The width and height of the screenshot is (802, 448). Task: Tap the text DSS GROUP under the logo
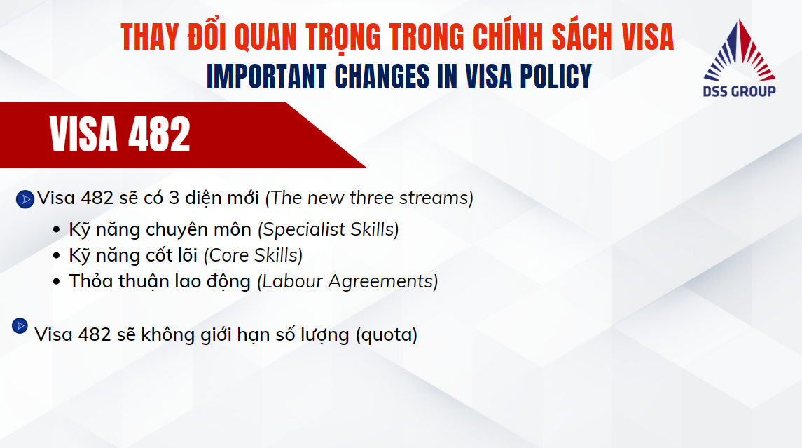[739, 92]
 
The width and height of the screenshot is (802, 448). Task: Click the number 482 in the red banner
[159, 135]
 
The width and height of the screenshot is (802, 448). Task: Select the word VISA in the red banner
[83, 135]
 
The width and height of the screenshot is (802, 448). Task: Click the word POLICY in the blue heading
[556, 77]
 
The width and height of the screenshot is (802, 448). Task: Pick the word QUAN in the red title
[265, 37]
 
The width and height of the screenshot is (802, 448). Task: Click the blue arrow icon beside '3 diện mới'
[25, 199]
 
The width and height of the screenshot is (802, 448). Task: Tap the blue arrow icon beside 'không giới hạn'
[20, 325]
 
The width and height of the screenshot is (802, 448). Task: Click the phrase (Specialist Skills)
[329, 229]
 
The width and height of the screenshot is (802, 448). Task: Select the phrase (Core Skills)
[253, 255]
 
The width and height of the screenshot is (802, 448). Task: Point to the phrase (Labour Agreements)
[348, 282]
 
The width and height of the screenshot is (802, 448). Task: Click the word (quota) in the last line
[387, 335]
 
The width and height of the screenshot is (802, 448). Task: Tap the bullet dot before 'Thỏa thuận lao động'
[56, 282]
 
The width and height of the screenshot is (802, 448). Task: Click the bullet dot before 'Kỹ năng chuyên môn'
[56, 230]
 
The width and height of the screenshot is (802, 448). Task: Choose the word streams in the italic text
[436, 198]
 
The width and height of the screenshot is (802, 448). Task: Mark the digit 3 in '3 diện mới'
[174, 198]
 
